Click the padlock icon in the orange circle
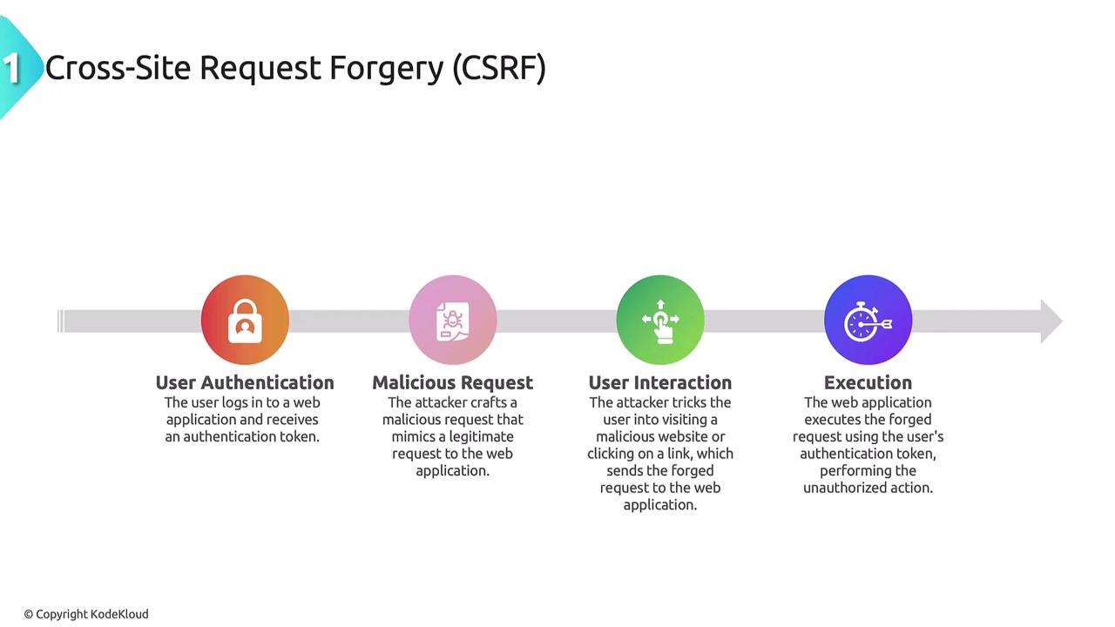pyautogui.click(x=245, y=321)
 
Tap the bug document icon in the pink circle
pyautogui.click(x=452, y=321)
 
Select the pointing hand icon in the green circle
pyautogui.click(x=660, y=321)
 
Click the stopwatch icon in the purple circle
pyautogui.click(x=868, y=321)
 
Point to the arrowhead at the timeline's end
pyautogui.click(x=1051, y=321)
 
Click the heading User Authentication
pyautogui.click(x=245, y=382)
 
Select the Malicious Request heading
pyautogui.click(x=452, y=382)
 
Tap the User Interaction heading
pyautogui.click(x=660, y=382)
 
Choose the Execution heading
pyautogui.click(x=868, y=382)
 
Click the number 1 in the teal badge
pyautogui.click(x=11, y=68)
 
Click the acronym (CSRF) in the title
pyautogui.click(x=499, y=68)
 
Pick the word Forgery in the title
pyautogui.click(x=386, y=69)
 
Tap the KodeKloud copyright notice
pyautogui.click(x=86, y=614)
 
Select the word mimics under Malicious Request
pyautogui.click(x=414, y=436)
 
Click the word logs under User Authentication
pyautogui.click(x=235, y=403)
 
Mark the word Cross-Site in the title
pyautogui.click(x=118, y=68)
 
